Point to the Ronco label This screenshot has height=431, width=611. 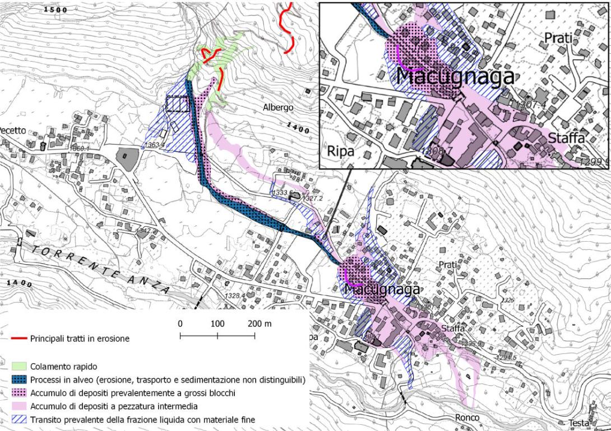pyautogui.click(x=467, y=418)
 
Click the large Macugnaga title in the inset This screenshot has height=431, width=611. pyautogui.click(x=455, y=76)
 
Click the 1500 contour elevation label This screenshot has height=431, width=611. pyautogui.click(x=55, y=10)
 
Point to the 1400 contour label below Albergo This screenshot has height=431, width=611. pyautogui.click(x=297, y=129)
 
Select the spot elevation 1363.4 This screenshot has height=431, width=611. pyautogui.click(x=154, y=145)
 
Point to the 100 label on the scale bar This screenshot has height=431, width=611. pyautogui.click(x=217, y=324)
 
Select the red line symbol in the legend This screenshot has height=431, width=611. pyautogui.click(x=18, y=339)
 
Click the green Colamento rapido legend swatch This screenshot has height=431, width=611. pyautogui.click(x=19, y=367)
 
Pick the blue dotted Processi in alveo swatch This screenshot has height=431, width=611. pyautogui.click(x=19, y=380)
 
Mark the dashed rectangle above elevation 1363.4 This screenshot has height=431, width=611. pyautogui.click(x=177, y=104)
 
